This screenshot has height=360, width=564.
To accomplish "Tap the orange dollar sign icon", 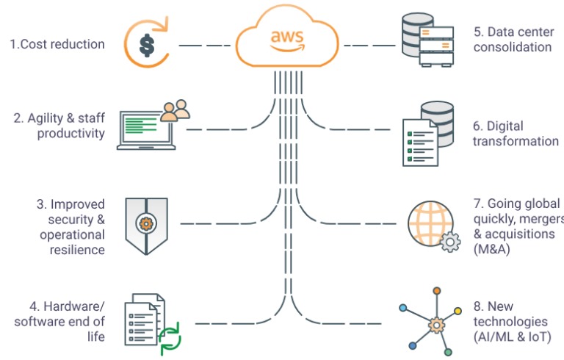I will click(x=147, y=45).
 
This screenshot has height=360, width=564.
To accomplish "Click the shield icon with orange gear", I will click(x=146, y=223).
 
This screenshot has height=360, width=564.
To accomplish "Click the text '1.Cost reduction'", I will click(x=57, y=44).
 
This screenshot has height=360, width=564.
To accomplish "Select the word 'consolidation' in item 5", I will click(x=512, y=47).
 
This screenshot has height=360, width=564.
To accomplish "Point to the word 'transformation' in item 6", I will click(x=516, y=141).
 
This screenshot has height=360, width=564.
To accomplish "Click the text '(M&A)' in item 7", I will click(x=492, y=249).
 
